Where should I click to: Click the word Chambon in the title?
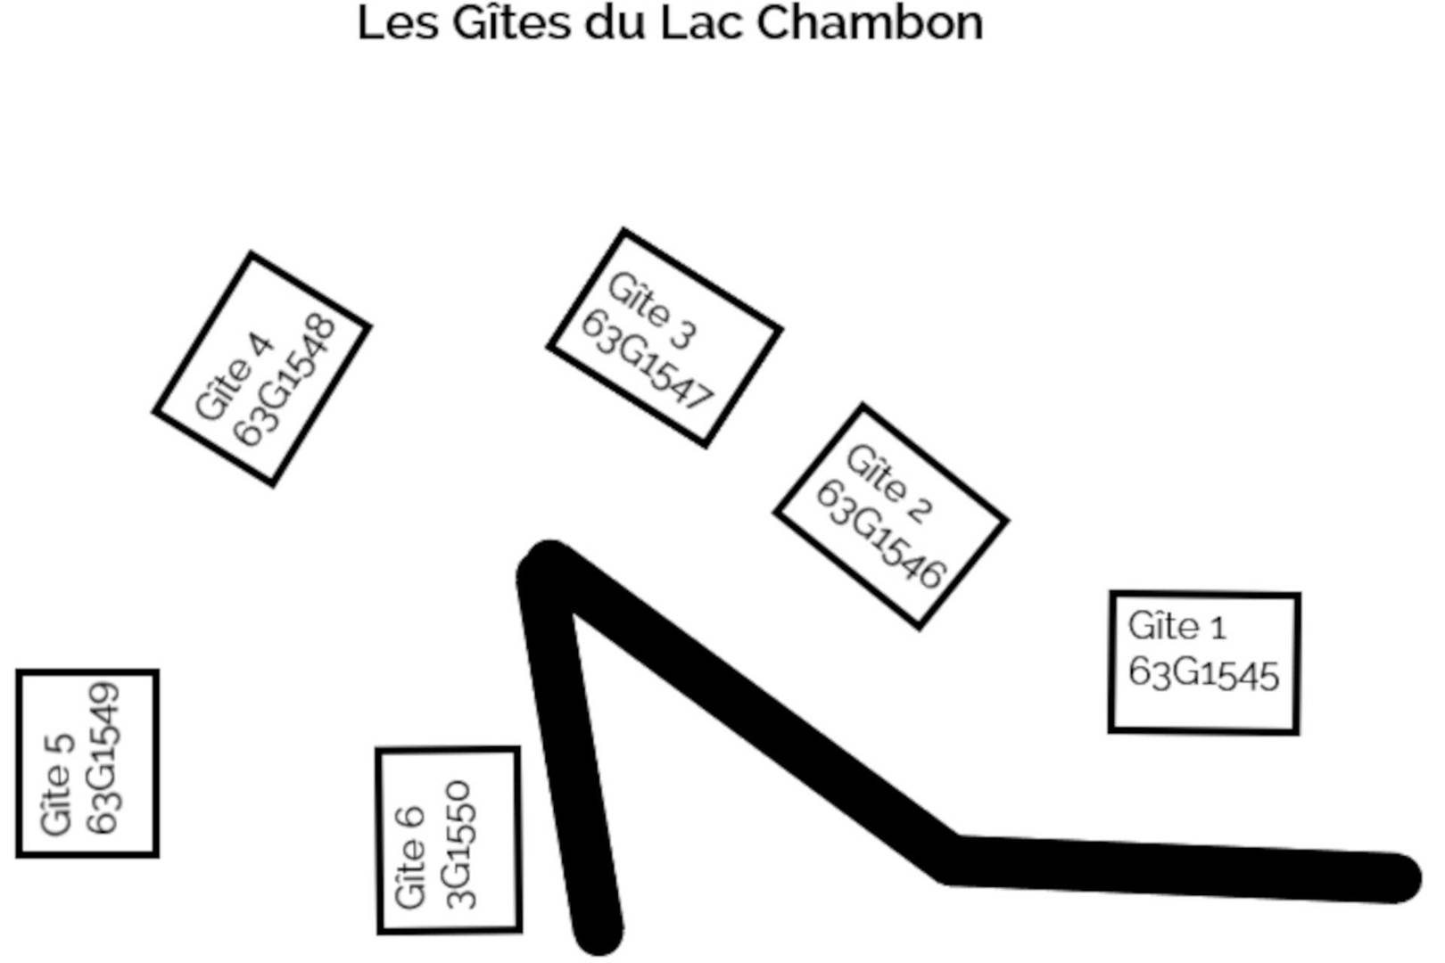(870, 23)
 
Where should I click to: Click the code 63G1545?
(1203, 673)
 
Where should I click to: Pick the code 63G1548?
(285, 381)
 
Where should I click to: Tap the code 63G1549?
(103, 759)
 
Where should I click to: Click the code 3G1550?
(458, 844)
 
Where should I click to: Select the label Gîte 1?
(1177, 626)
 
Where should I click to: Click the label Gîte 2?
(889, 484)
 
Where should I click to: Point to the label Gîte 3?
(652, 310)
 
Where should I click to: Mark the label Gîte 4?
(233, 376)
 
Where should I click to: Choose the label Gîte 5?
(55, 785)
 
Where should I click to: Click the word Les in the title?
(398, 23)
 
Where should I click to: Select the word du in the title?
(615, 23)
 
